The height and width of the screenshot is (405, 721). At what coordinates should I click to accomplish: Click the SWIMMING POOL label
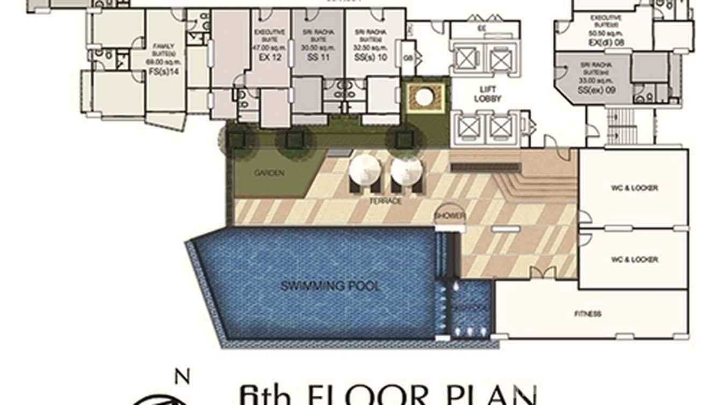pyautogui.click(x=330, y=285)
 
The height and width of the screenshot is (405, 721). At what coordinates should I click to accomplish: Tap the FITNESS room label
pyautogui.click(x=588, y=314)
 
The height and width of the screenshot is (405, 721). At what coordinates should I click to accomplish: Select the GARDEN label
pyautogui.click(x=269, y=173)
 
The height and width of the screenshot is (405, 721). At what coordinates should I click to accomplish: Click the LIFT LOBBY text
pyautogui.click(x=488, y=95)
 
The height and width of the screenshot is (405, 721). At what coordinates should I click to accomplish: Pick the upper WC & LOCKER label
pyautogui.click(x=634, y=188)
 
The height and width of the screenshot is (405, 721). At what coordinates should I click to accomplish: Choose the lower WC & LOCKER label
pyautogui.click(x=634, y=259)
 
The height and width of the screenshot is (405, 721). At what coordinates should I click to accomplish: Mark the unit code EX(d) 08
pyautogui.click(x=606, y=42)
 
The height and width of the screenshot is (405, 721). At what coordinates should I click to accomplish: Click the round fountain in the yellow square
pyautogui.click(x=425, y=97)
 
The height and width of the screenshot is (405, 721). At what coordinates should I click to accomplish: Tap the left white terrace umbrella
pyautogui.click(x=365, y=169)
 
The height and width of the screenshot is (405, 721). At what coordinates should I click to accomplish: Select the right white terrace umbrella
pyautogui.click(x=407, y=169)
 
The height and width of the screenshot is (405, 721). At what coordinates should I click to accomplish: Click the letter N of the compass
pyautogui.click(x=183, y=378)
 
